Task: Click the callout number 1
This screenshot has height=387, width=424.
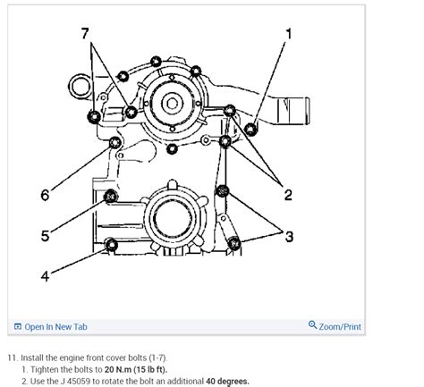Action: point(288,35)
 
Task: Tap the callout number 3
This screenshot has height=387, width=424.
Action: point(289,236)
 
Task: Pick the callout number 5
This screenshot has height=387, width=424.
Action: point(45,237)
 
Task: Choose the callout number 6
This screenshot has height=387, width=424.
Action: point(45,194)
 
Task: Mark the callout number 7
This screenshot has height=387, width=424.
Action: point(85,35)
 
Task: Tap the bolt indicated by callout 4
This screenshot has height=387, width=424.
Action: point(111,245)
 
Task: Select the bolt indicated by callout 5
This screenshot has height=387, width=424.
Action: point(111,197)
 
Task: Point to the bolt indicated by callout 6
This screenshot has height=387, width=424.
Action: point(114,144)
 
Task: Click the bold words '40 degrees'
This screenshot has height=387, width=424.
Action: point(222,380)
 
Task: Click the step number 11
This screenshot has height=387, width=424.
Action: point(12,355)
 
